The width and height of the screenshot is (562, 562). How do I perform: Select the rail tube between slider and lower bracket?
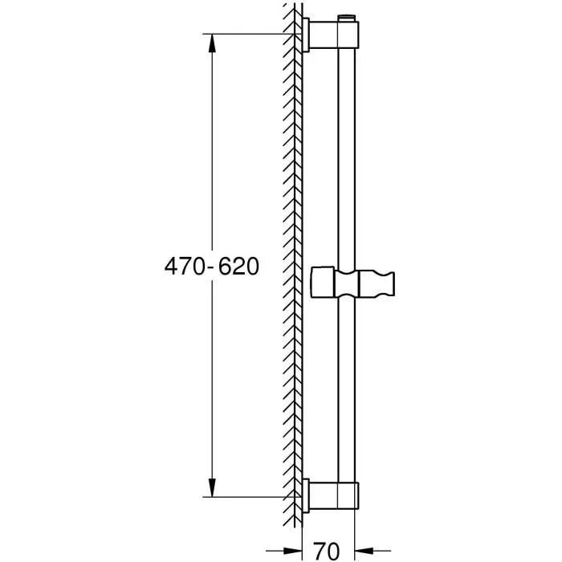[347, 393]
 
